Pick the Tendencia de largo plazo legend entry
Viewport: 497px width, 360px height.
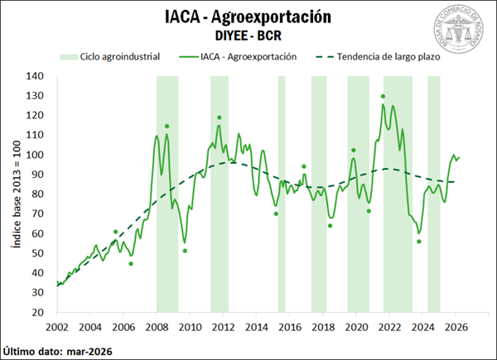pos(376,58)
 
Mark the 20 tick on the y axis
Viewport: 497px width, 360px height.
pos(37,313)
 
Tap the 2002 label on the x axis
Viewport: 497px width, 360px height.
pos(57,326)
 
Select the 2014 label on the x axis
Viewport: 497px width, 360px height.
pos(257,326)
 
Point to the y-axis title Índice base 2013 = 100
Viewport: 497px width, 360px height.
pos(16,194)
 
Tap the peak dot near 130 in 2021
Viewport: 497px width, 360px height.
pos(383,97)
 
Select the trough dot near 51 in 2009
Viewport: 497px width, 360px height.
pos(185,251)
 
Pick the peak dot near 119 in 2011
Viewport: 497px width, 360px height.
pos(220,118)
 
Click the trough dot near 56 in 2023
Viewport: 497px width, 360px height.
pos(419,242)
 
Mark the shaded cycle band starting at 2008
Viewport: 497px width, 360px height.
pos(167,194)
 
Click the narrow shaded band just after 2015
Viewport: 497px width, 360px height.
pos(282,194)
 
